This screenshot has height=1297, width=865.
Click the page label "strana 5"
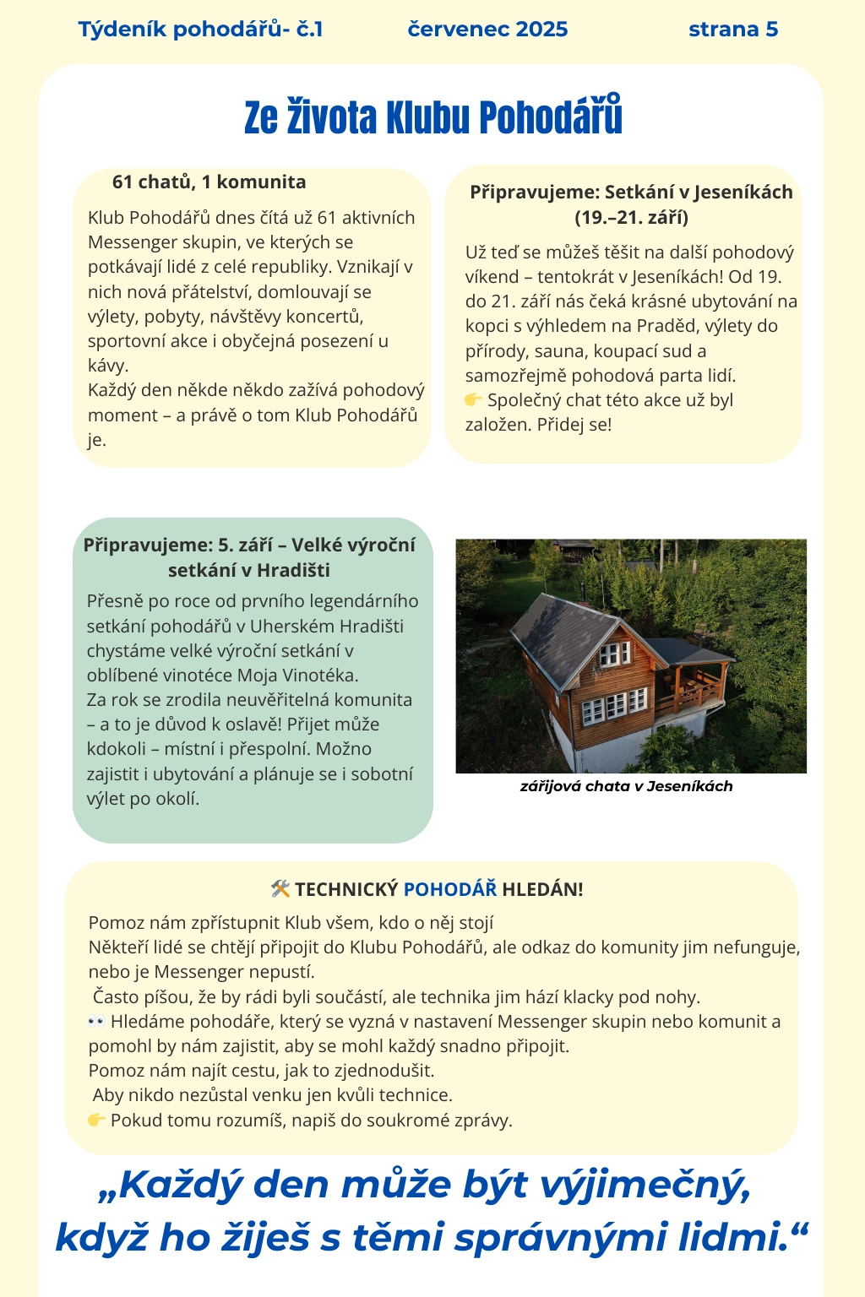(x=732, y=30)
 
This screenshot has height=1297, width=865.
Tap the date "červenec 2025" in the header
(x=487, y=30)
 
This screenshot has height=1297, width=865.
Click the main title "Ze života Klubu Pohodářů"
(x=432, y=117)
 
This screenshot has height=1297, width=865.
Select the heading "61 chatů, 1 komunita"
(x=209, y=182)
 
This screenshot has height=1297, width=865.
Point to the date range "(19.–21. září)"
(x=631, y=218)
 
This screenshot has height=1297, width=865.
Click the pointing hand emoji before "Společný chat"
(x=473, y=399)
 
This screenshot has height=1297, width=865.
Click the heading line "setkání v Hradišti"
(x=248, y=570)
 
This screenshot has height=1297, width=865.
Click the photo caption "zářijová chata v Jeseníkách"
(x=626, y=786)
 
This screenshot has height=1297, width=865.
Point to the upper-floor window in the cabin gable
(x=614, y=653)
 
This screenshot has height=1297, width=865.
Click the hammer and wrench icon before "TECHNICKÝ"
(x=280, y=888)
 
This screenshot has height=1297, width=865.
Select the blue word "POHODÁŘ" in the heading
(x=450, y=889)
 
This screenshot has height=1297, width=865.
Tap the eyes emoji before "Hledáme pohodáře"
(x=96, y=1022)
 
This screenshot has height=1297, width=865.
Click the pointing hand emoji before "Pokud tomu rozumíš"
(x=96, y=1121)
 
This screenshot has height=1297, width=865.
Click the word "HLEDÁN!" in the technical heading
(x=542, y=889)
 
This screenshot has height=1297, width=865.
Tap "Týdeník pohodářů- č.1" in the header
(x=200, y=30)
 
